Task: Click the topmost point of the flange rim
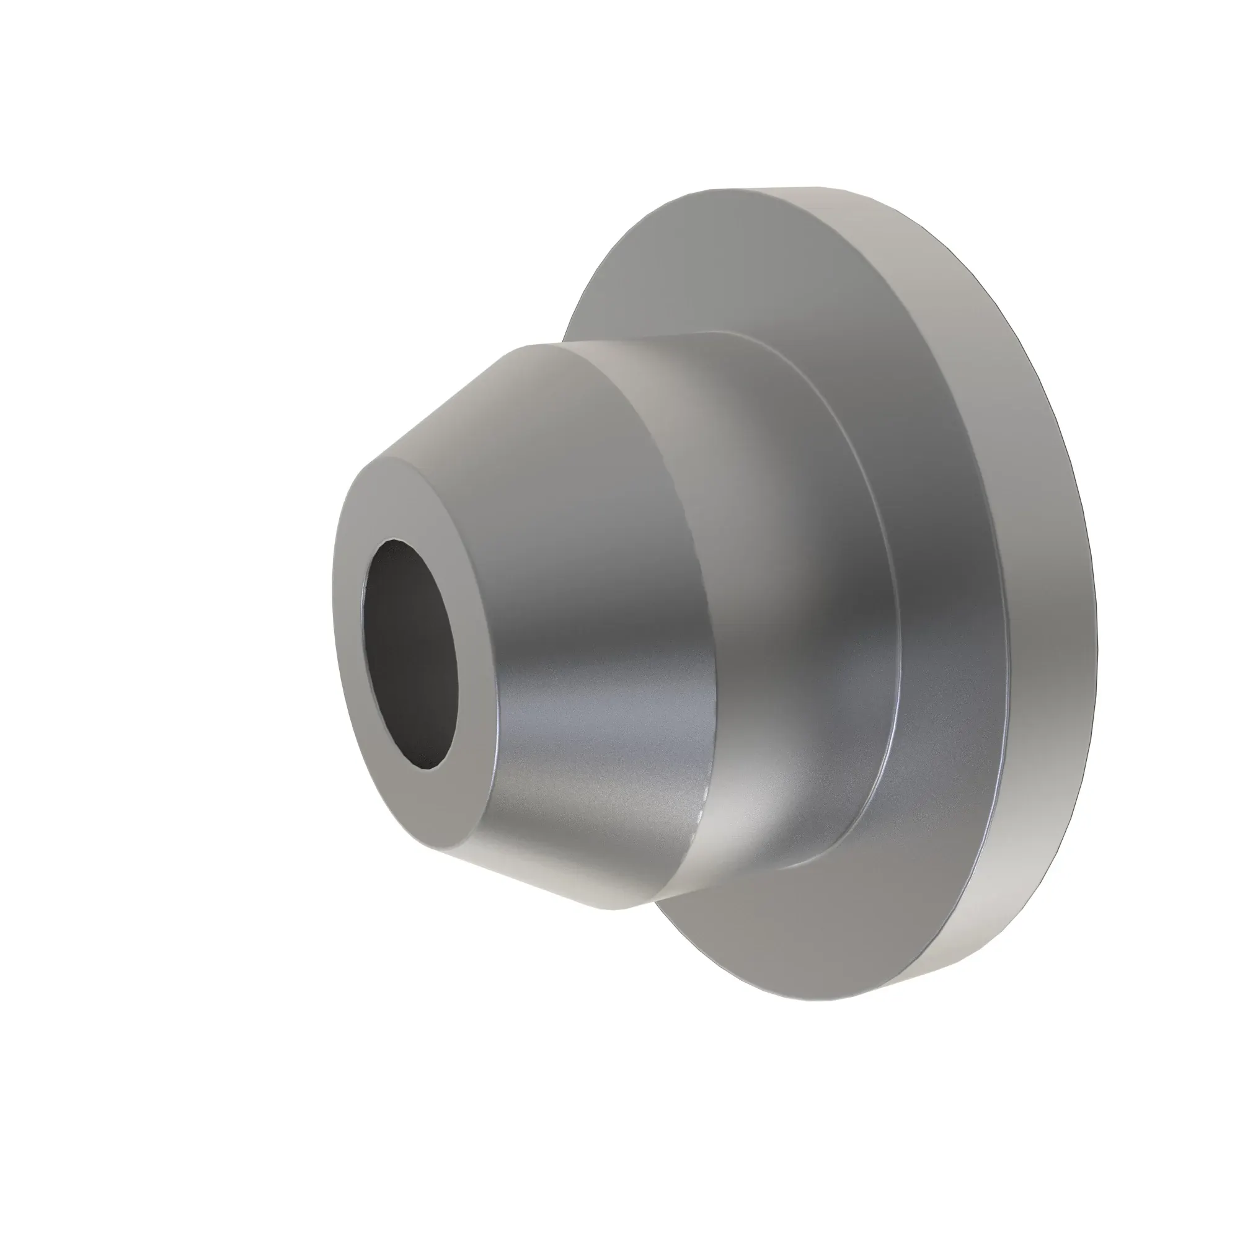pyautogui.click(x=770, y=188)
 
